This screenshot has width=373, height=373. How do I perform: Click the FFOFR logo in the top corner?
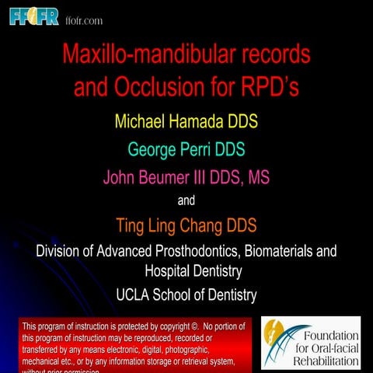click(x=33, y=16)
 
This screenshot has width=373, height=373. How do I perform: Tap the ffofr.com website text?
click(x=84, y=19)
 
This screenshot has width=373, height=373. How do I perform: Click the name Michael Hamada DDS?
click(x=186, y=122)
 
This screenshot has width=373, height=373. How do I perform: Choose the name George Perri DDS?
click(x=186, y=148)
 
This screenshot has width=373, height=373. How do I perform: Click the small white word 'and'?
click(x=186, y=200)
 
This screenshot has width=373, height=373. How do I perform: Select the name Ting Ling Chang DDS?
click(x=186, y=226)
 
